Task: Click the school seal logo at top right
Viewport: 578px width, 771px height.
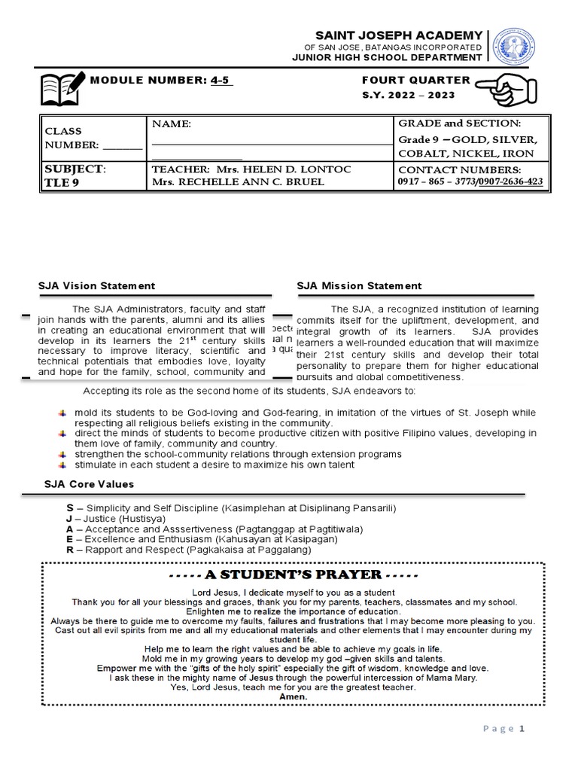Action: point(513,46)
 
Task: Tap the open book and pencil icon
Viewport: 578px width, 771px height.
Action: point(63,88)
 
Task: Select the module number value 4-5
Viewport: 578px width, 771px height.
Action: point(221,81)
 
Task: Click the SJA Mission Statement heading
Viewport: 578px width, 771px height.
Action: point(359,286)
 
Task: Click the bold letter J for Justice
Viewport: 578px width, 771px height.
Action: point(70,519)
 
